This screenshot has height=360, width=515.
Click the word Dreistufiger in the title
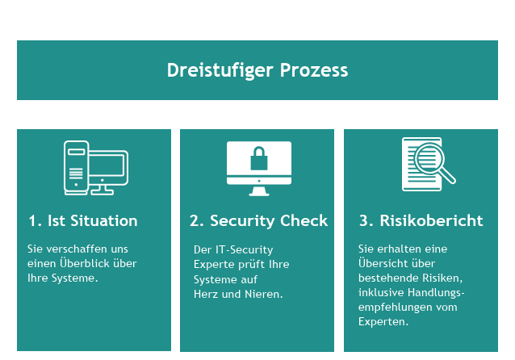coord(220,70)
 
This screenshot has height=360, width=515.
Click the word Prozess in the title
coord(314,70)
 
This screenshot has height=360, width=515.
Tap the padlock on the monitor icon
coord(259,158)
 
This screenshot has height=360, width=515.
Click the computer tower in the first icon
coord(76,168)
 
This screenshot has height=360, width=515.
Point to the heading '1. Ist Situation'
coord(83,220)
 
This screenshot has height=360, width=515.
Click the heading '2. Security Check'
coord(258,220)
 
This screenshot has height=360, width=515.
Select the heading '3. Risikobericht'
coord(421,220)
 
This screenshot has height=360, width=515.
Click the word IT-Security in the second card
coord(244,250)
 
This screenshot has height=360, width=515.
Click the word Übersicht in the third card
coord(381,263)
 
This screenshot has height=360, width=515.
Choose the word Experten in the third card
coord(383,321)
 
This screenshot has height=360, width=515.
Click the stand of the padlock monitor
coord(259,190)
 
